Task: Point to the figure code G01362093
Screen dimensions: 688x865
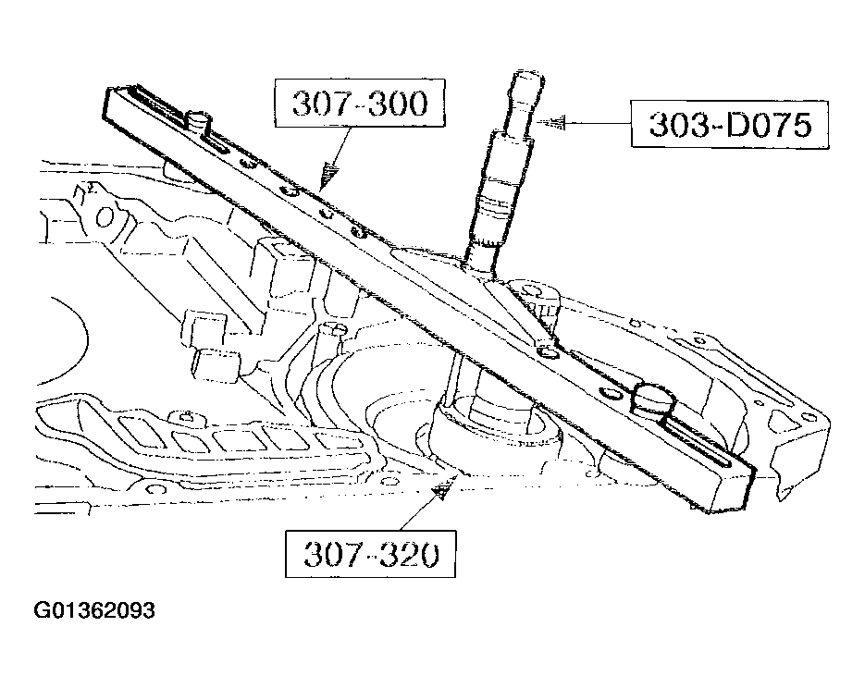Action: [94, 611]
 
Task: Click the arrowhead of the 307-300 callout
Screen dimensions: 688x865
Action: [327, 176]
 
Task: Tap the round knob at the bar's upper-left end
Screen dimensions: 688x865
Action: [200, 119]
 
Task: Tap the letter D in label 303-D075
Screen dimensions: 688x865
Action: [728, 124]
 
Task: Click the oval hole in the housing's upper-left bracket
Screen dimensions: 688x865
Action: [104, 216]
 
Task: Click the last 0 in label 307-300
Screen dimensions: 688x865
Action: [414, 104]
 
